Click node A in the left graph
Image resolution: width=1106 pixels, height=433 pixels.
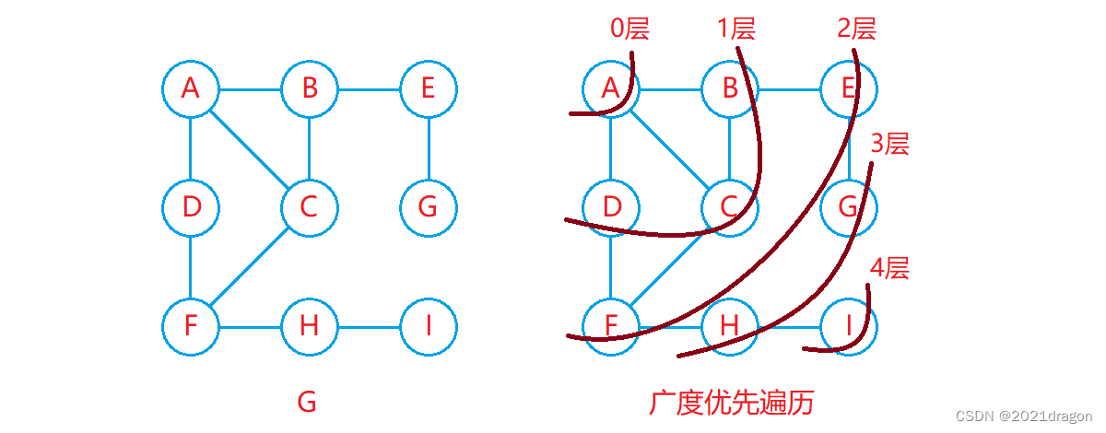tap(190, 89)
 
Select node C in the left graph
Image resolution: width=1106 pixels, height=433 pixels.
tap(309, 206)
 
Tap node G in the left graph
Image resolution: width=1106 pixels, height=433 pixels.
tap(429, 206)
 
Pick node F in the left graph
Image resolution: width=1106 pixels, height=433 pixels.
tap(190, 326)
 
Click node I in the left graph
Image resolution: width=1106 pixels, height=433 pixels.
tap(429, 326)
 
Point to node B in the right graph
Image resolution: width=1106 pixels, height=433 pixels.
tap(730, 89)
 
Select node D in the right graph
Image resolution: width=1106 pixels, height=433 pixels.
tap(611, 206)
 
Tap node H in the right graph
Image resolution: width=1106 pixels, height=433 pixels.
tap(730, 326)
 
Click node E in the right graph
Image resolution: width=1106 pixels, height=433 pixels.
tap(849, 89)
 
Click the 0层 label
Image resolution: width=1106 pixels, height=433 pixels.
tap(630, 29)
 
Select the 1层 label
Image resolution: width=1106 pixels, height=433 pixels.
tap(736, 29)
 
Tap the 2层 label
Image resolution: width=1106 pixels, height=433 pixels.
tap(856, 29)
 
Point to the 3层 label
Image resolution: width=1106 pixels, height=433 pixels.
tap(890, 144)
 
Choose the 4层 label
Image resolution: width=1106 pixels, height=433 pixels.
tap(890, 269)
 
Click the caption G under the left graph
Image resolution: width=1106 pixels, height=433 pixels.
tap(307, 402)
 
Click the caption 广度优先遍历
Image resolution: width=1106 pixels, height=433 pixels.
tap(732, 402)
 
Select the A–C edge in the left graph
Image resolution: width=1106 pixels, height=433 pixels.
tap(249, 147)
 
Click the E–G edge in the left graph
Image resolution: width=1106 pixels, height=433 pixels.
tap(429, 147)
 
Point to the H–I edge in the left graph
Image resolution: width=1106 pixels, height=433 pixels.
tap(369, 326)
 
